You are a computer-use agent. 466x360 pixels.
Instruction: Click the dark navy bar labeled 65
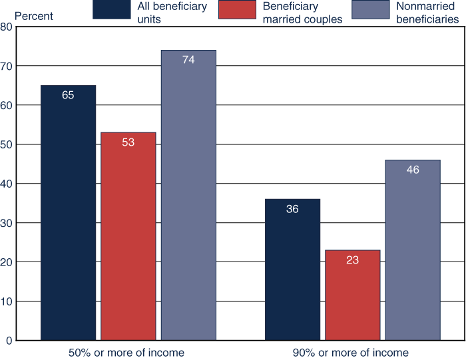pyautogui.click(x=68, y=213)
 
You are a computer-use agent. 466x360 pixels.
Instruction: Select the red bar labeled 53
pyautogui.click(x=128, y=236)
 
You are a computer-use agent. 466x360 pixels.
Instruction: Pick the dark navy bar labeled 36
pyautogui.click(x=292, y=270)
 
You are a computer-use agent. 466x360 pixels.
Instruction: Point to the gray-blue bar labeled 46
pyautogui.click(x=413, y=250)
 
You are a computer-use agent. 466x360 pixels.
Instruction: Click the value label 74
pyautogui.click(x=188, y=60)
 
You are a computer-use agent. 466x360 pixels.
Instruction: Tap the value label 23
pyautogui.click(x=352, y=260)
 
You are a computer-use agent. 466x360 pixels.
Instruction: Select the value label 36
pyautogui.click(x=292, y=209)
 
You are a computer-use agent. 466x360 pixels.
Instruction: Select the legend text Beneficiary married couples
pyautogui.click(x=303, y=13)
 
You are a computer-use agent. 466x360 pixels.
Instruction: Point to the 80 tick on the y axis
pyautogui.click(x=6, y=27)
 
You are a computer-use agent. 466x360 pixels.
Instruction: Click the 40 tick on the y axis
pyautogui.click(x=6, y=184)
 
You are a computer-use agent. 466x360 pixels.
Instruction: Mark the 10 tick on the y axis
pyautogui.click(x=6, y=301)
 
